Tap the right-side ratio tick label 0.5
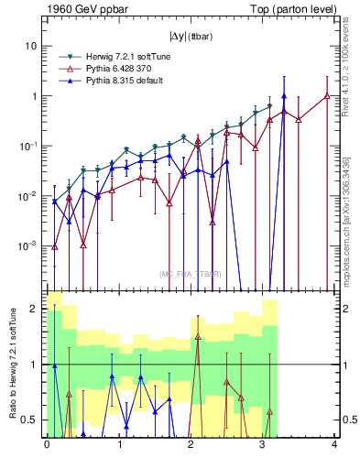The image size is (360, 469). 348,420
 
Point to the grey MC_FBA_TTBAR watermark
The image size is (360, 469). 190,274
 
